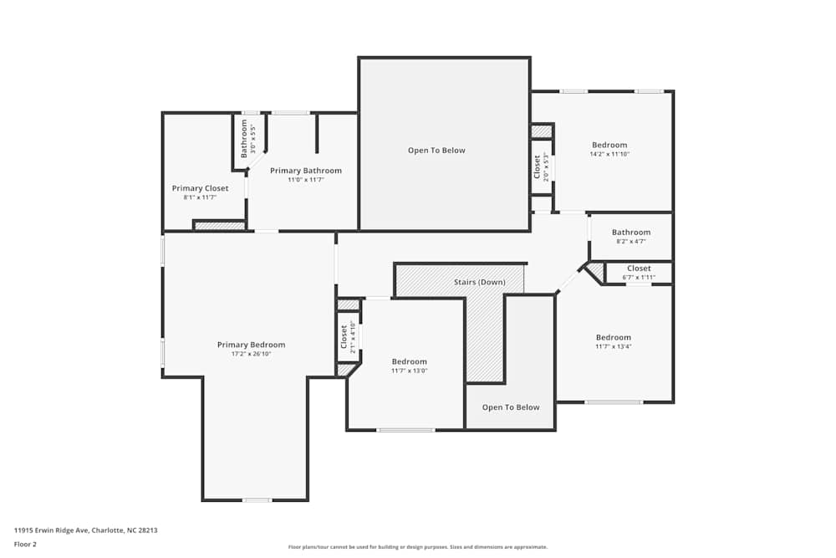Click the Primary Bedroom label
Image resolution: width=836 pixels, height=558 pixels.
[x=251, y=345]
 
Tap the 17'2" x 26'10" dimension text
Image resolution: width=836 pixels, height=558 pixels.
[x=251, y=354]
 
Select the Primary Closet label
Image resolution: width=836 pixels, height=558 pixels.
[x=200, y=188]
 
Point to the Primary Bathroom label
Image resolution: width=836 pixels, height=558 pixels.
[x=305, y=171]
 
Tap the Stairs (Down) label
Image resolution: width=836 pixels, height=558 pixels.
[x=479, y=282]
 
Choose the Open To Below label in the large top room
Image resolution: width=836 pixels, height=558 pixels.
[x=436, y=151]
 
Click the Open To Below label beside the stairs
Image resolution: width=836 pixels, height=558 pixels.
[x=511, y=407]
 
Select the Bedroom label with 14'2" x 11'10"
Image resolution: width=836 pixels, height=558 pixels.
[x=609, y=145]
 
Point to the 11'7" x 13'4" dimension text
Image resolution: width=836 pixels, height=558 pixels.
[x=613, y=346]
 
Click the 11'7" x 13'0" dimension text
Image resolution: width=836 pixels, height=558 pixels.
[x=409, y=371]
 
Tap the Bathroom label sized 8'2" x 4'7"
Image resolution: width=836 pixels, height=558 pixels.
[x=630, y=233]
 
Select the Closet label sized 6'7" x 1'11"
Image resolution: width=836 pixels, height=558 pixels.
[x=639, y=269]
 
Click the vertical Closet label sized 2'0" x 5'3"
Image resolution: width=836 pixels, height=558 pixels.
[x=538, y=166]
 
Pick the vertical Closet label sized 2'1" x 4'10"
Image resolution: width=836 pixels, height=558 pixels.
[x=344, y=336]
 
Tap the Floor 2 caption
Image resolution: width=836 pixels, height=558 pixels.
[x=25, y=544]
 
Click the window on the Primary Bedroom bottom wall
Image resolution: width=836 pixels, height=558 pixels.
[x=257, y=500]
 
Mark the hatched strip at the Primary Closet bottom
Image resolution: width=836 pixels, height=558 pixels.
[x=219, y=225]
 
